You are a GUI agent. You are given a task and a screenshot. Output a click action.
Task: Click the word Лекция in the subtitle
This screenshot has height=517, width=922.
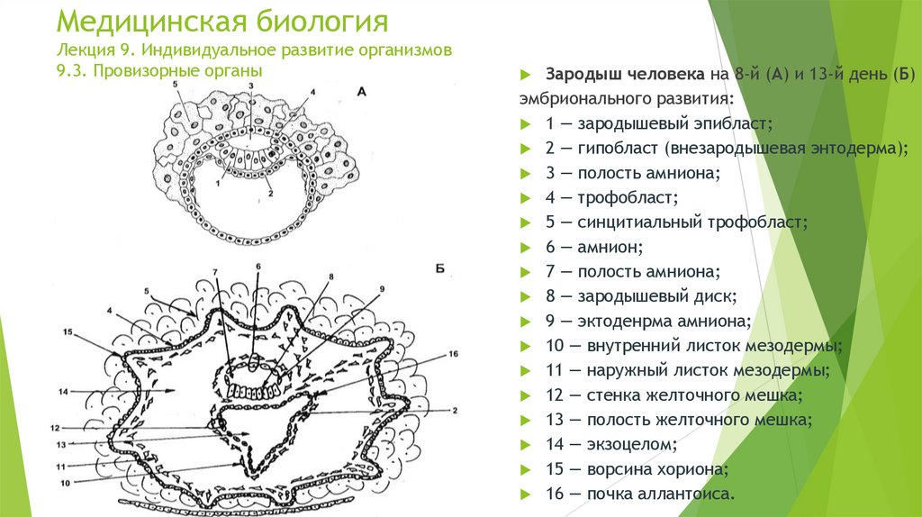pyautogui.click(x=88, y=49)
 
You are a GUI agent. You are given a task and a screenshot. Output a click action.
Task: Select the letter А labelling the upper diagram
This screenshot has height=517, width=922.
pyautogui.click(x=361, y=92)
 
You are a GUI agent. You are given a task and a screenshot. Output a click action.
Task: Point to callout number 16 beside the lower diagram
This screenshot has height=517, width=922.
pyautogui.click(x=453, y=354)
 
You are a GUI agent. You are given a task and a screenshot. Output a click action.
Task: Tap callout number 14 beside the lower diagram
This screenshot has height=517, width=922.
pyautogui.click(x=63, y=392)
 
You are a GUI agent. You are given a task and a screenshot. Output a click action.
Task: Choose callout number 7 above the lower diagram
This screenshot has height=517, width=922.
pyautogui.click(x=215, y=272)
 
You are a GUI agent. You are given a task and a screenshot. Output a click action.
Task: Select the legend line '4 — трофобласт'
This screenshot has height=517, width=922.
pyautogui.click(x=611, y=196)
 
